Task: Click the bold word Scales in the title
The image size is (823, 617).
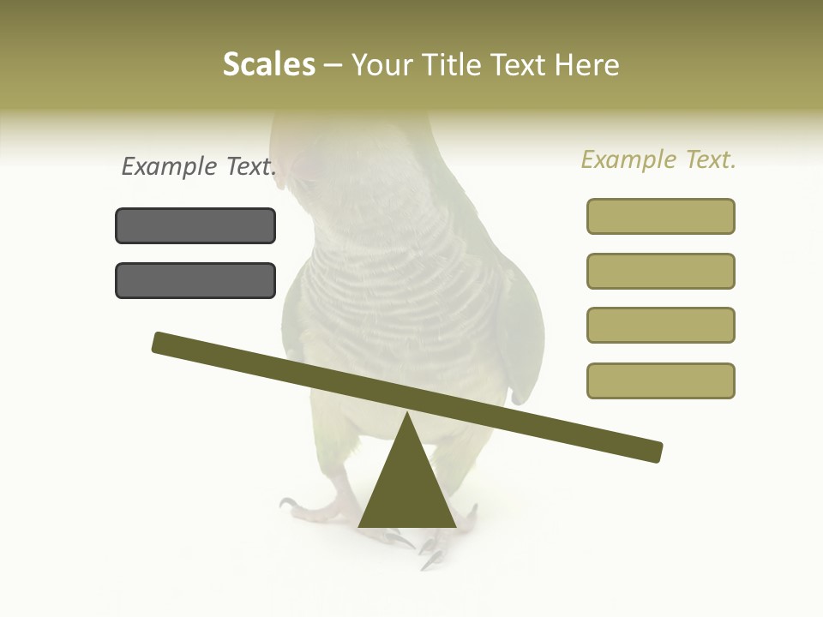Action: pyautogui.click(x=268, y=64)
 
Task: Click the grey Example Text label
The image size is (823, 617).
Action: pyautogui.click(x=199, y=167)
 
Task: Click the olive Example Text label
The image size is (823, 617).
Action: pyautogui.click(x=658, y=160)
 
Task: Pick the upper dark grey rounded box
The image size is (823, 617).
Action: pyautogui.click(x=195, y=225)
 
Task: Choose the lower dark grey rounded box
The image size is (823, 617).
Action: pyautogui.click(x=195, y=280)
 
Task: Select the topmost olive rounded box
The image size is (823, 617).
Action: pyautogui.click(x=660, y=216)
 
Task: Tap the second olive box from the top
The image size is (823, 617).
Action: pyautogui.click(x=660, y=271)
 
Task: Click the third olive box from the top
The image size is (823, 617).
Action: pyautogui.click(x=660, y=325)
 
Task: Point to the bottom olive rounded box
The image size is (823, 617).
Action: pyautogui.click(x=660, y=380)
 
